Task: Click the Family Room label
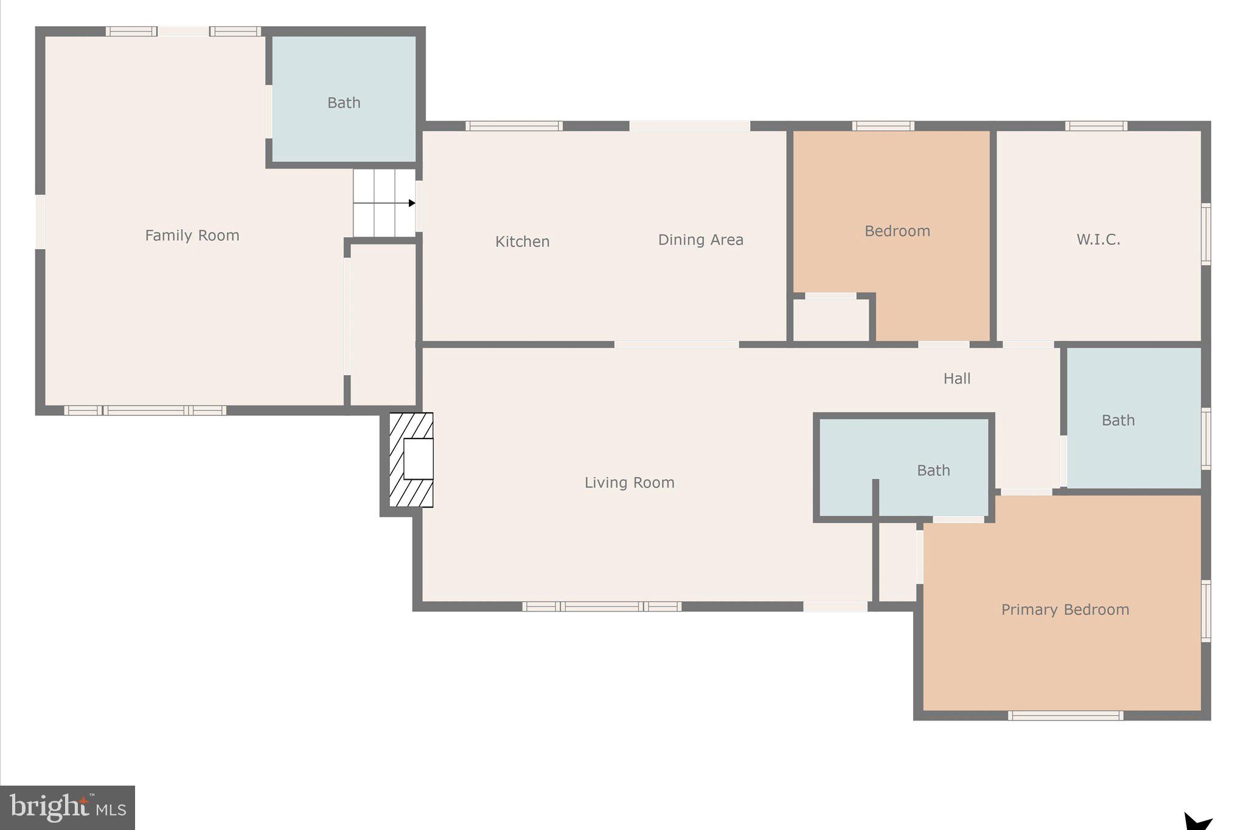[x=192, y=235]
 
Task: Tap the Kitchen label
[x=522, y=241]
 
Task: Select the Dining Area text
[x=700, y=240]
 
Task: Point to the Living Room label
[x=629, y=482]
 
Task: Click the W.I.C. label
[x=1098, y=239]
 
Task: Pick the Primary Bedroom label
[x=1065, y=609]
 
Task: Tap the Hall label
[x=956, y=378]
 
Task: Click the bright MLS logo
[x=68, y=808]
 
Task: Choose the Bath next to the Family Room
[x=344, y=102]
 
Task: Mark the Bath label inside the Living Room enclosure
[x=933, y=470]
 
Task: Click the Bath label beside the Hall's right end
[x=1118, y=420]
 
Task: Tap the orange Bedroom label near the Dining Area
[x=897, y=231]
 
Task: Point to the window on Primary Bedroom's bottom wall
[x=1065, y=716]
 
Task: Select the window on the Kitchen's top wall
[x=514, y=126]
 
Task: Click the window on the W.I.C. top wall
[x=1096, y=126]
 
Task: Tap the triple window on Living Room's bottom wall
[x=602, y=606]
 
